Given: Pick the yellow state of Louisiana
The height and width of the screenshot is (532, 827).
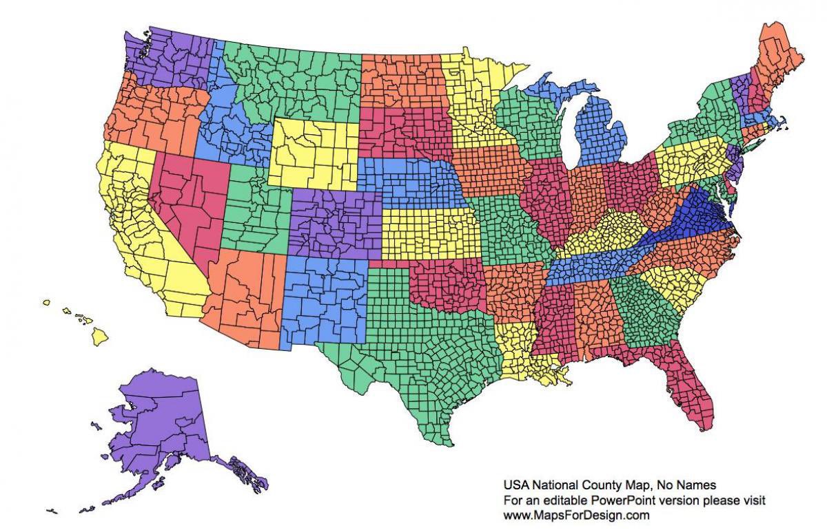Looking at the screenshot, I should (520, 351).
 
